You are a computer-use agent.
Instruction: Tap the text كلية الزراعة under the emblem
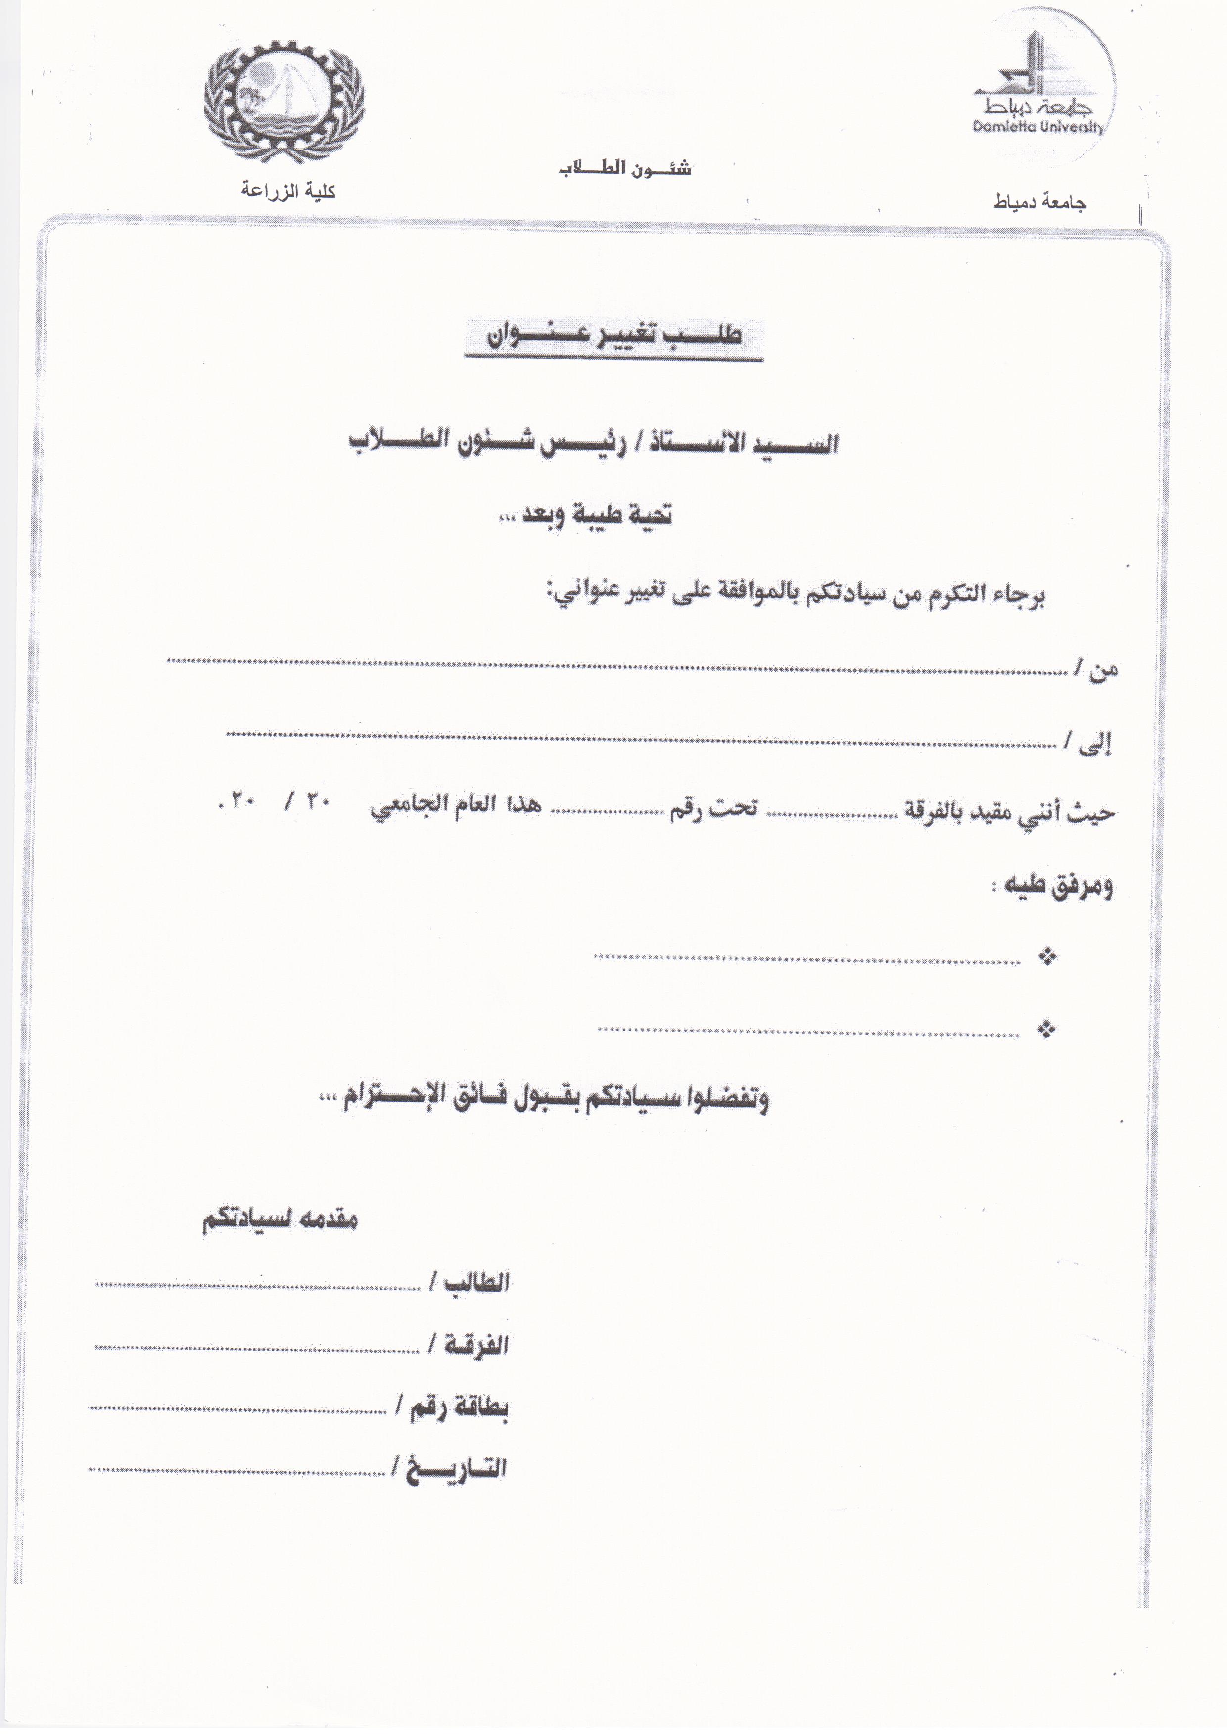pyautogui.click(x=288, y=190)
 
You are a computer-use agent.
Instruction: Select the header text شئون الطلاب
pyautogui.click(x=625, y=169)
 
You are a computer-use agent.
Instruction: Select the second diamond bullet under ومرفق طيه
pyautogui.click(x=1047, y=1029)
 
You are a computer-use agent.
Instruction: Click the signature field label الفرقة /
pyautogui.click(x=469, y=1346)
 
